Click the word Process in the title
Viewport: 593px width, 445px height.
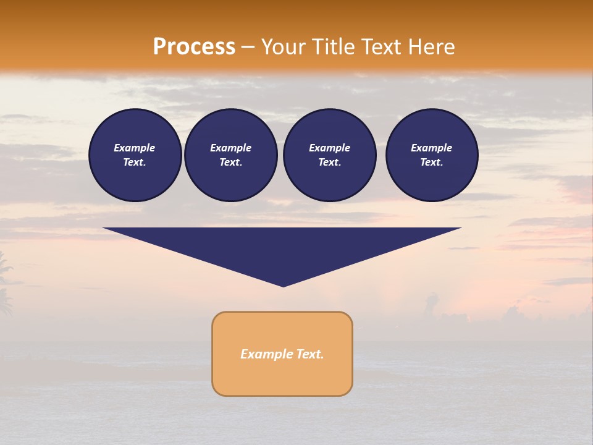pos(194,47)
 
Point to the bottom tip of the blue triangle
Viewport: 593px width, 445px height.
pos(283,286)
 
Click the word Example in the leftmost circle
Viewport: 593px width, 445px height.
pos(135,148)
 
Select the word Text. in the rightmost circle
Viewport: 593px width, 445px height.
pos(432,162)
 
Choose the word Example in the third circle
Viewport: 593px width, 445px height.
pos(330,148)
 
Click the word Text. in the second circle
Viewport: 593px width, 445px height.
pos(231,162)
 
